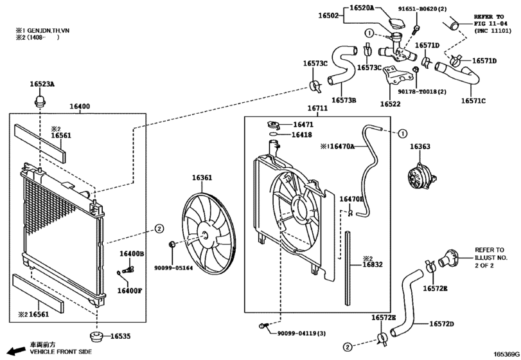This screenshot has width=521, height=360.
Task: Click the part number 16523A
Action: pos(42,84)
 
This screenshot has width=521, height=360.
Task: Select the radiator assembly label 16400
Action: pos(80,106)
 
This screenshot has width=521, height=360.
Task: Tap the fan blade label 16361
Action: pos(202,177)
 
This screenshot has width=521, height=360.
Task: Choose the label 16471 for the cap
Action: pos(303,124)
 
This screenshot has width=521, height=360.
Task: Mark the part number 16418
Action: pos(301,135)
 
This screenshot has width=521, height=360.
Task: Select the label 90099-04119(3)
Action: pos(302,332)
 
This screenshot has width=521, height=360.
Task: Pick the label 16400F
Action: pos(130,291)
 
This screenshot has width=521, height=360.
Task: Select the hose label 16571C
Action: pos(473,100)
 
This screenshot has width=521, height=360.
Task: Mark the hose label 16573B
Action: pos(344,100)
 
